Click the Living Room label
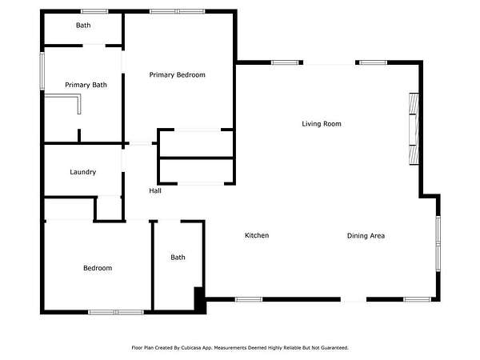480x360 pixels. pyautogui.click(x=322, y=124)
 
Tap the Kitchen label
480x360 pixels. pyautogui.click(x=257, y=235)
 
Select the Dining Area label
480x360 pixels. pyautogui.click(x=366, y=236)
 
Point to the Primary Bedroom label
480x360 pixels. pyautogui.click(x=178, y=74)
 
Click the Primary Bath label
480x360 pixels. pyautogui.click(x=86, y=85)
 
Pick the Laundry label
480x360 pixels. pyautogui.click(x=83, y=172)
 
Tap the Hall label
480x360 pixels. pyautogui.click(x=155, y=190)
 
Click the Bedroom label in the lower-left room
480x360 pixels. pyautogui.click(x=98, y=268)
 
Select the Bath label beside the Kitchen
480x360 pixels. pyautogui.click(x=178, y=257)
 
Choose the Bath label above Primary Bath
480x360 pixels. pyautogui.click(x=83, y=25)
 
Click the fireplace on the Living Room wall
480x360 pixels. pyautogui.click(x=414, y=129)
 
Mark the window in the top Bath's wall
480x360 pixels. pyautogui.click(x=94, y=12)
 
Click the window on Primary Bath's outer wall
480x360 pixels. pyautogui.click(x=42, y=71)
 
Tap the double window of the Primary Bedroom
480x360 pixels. pyautogui.click(x=178, y=12)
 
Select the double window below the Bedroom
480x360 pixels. pyautogui.click(x=116, y=312)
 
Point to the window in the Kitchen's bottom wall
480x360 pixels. pyautogui.click(x=249, y=299)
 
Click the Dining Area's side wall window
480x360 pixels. pyautogui.click(x=438, y=244)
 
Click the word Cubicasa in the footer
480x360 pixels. pyautogui.click(x=190, y=348)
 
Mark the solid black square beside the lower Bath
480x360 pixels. pyautogui.click(x=200, y=300)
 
